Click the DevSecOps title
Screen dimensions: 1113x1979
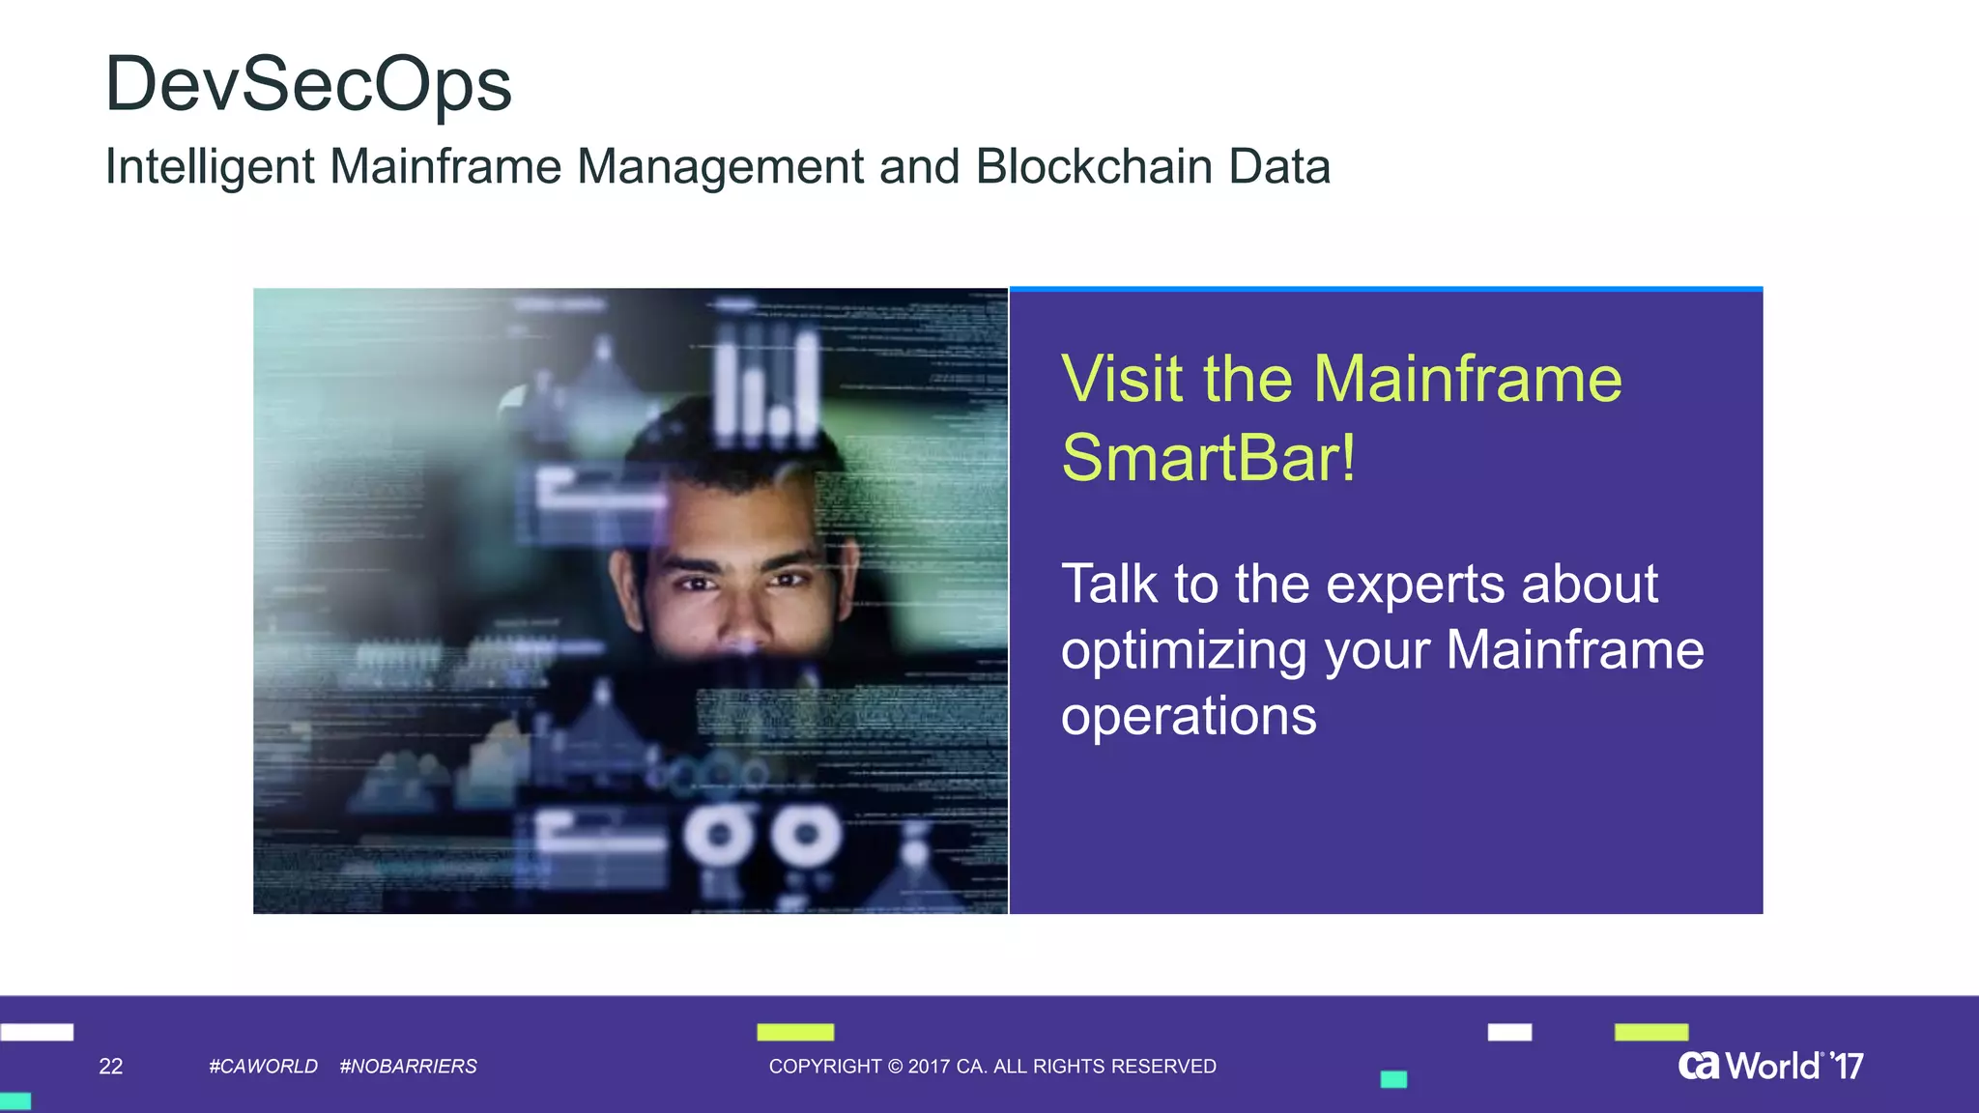point(307,85)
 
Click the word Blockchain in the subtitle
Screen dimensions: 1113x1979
point(1094,166)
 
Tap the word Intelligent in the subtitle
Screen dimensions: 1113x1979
point(209,166)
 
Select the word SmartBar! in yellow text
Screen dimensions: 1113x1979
point(1208,458)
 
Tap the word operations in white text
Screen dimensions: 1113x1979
point(1189,716)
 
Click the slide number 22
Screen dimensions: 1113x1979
point(111,1067)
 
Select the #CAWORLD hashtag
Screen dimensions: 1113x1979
point(263,1067)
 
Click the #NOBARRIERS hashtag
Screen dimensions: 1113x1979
point(408,1067)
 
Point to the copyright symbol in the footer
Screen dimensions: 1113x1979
point(895,1067)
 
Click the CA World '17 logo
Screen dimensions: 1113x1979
point(1770,1066)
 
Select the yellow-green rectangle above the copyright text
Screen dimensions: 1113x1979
point(795,1032)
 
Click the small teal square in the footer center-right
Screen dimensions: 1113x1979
point(1393,1079)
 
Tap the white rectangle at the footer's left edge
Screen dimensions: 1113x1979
point(37,1032)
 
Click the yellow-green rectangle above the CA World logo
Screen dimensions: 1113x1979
point(1651,1032)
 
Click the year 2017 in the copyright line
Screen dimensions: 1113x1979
point(929,1067)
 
